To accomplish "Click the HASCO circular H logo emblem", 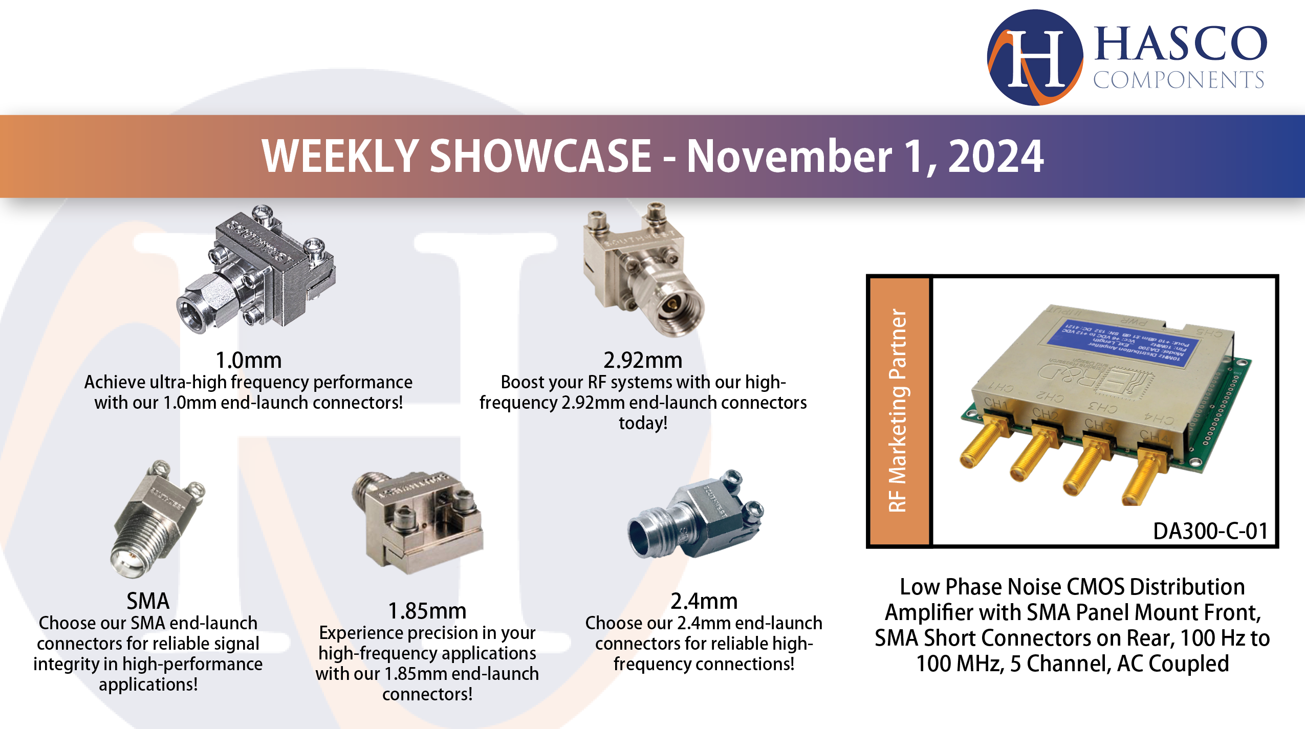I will point(1035,57).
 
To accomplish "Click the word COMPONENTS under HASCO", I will point(1178,80).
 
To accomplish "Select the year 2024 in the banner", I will point(996,156).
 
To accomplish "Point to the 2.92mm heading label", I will point(643,360).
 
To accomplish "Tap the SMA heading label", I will point(148,601).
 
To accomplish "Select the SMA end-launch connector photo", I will point(156,519).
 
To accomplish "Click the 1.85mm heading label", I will point(427,611).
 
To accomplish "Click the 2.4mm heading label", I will point(704,601).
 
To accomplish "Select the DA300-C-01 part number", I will point(1210,531).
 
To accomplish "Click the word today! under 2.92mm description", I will point(643,423).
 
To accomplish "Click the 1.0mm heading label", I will point(248,360).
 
